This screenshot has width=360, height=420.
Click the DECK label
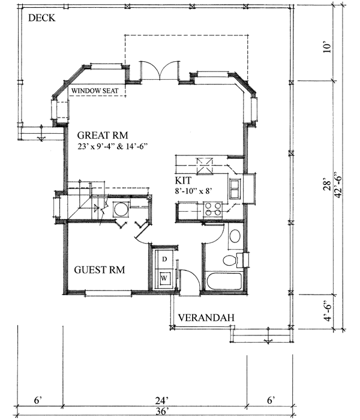tap(42, 18)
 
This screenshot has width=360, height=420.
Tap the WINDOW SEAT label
tap(95, 91)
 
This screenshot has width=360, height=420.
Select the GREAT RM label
tap(103, 135)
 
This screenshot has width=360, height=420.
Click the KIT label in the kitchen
tap(183, 181)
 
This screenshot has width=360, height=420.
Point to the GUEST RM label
tap(100, 270)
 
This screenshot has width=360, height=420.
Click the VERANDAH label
tap(206, 317)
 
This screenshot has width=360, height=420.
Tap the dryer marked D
tap(164, 259)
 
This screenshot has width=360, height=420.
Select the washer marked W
tap(164, 278)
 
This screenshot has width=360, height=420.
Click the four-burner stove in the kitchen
tap(212, 209)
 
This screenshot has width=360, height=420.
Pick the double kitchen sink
tap(235, 190)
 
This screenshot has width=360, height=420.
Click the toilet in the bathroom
tap(233, 260)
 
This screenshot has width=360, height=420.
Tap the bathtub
tap(224, 281)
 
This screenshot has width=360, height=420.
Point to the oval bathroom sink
tap(235, 236)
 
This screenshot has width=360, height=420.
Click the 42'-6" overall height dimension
tap(339, 185)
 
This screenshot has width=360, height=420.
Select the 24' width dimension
tap(162, 401)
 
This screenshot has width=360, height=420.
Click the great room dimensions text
tap(113, 146)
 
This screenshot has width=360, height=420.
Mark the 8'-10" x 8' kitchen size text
tap(194, 191)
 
